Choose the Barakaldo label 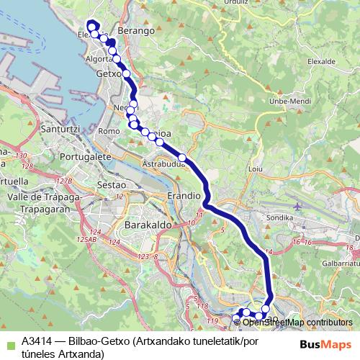[x=146, y=225]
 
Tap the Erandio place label [x=183, y=195]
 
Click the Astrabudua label [x=163, y=163]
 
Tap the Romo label [x=109, y=131]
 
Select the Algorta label [x=99, y=58]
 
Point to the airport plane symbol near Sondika [x=297, y=207]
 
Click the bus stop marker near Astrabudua [x=182, y=157]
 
